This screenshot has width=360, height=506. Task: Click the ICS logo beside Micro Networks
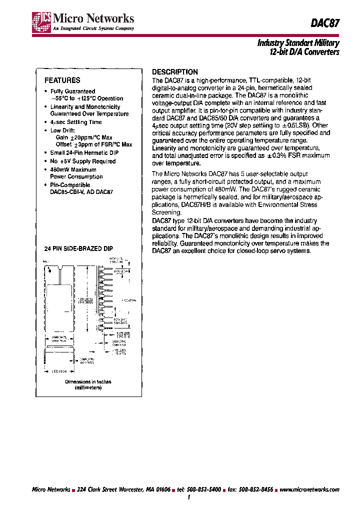coord(38,22)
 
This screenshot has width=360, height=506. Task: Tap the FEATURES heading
coord(62,80)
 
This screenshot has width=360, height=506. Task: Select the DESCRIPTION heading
coord(174,72)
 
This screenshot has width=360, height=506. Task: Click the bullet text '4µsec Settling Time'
coord(76,122)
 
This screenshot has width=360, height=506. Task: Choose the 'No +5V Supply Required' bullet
coord(82,161)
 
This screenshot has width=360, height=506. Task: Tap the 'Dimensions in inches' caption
coord(88,381)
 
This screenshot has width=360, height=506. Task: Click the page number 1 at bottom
coord(188,497)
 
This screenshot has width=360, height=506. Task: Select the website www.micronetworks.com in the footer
coord(308,489)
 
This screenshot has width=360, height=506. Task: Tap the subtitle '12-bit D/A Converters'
coord(298,52)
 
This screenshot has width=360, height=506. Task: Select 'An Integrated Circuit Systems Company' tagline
coord(86,29)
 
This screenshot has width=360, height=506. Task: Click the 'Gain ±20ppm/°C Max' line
coord(84,137)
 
